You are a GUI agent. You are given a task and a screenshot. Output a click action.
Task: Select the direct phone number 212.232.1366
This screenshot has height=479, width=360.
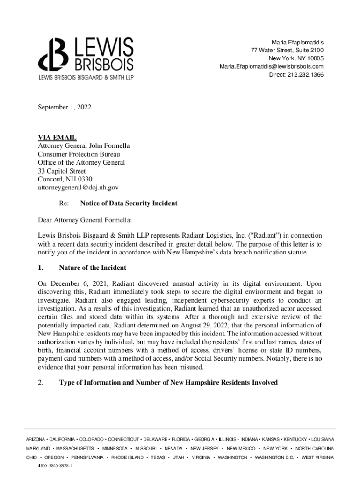pos(306,74)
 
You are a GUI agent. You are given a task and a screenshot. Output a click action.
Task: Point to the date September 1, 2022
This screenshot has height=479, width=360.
pos(65,108)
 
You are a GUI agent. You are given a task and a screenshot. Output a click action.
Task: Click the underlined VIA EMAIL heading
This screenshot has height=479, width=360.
pos(57,138)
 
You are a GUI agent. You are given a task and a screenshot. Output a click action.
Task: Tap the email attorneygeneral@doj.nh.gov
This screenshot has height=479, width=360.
pos(78,188)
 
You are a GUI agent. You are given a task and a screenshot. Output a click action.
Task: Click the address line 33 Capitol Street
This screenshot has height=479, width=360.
pos(62,171)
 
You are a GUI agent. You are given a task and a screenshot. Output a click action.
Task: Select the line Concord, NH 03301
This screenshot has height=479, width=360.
pos(66,179)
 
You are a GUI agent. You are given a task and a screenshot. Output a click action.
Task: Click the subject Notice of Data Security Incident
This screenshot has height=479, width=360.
pos(129,204)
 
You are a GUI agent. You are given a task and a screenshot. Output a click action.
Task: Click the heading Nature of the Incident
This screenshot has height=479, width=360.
pos(93,268)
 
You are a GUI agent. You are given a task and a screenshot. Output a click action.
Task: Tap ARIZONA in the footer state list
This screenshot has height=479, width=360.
pos(36,439)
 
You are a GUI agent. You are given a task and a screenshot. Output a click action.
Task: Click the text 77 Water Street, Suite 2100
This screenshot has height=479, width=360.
pos(287,51)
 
